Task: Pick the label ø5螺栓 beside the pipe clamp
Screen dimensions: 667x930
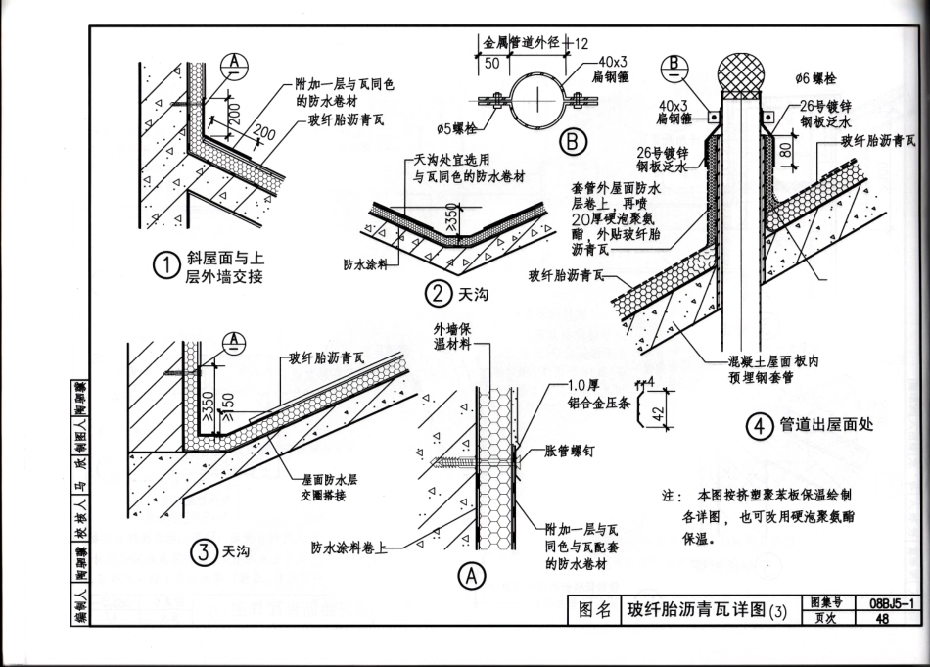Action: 459,128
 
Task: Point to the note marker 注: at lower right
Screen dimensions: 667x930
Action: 669,497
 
